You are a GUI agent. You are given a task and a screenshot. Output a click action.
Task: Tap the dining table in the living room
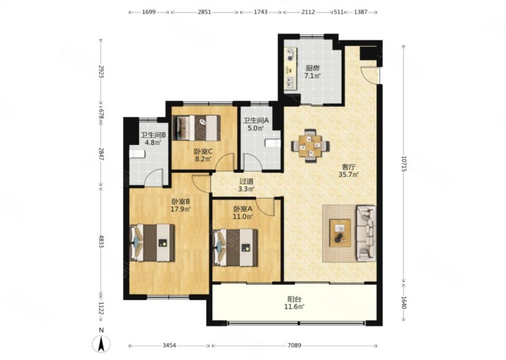pyautogui.click(x=311, y=146)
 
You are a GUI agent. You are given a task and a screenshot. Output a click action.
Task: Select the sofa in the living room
pyautogui.click(x=366, y=233)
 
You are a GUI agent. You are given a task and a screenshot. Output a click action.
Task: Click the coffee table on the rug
pyautogui.click(x=340, y=233)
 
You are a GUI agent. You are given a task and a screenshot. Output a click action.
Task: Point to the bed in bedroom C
pyautogui.click(x=197, y=128)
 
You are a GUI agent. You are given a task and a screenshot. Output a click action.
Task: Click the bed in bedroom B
pyautogui.click(x=152, y=243)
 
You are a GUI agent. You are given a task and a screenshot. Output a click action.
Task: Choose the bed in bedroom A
pyautogui.click(x=235, y=247)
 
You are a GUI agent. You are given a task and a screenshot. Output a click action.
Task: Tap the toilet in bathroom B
pyautogui.click(x=137, y=154)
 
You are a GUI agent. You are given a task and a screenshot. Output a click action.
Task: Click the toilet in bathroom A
pyautogui.click(x=273, y=143)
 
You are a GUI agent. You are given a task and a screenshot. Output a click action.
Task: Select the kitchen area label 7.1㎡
pyautogui.click(x=312, y=76)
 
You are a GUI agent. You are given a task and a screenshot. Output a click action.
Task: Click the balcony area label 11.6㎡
pyautogui.click(x=294, y=306)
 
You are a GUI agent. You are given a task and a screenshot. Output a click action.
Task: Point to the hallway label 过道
pyautogui.click(x=246, y=182)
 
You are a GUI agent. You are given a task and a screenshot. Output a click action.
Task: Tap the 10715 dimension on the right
pyautogui.click(x=404, y=164)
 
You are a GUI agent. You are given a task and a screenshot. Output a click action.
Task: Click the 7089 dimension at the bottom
pyautogui.click(x=294, y=345)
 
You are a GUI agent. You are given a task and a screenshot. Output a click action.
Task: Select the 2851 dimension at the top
pyautogui.click(x=204, y=12)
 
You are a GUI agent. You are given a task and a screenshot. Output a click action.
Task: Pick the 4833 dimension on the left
pyautogui.click(x=101, y=241)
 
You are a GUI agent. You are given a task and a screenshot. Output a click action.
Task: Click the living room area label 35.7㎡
pyautogui.click(x=349, y=175)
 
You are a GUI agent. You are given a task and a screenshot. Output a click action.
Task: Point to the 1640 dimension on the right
pyautogui.click(x=404, y=302)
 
